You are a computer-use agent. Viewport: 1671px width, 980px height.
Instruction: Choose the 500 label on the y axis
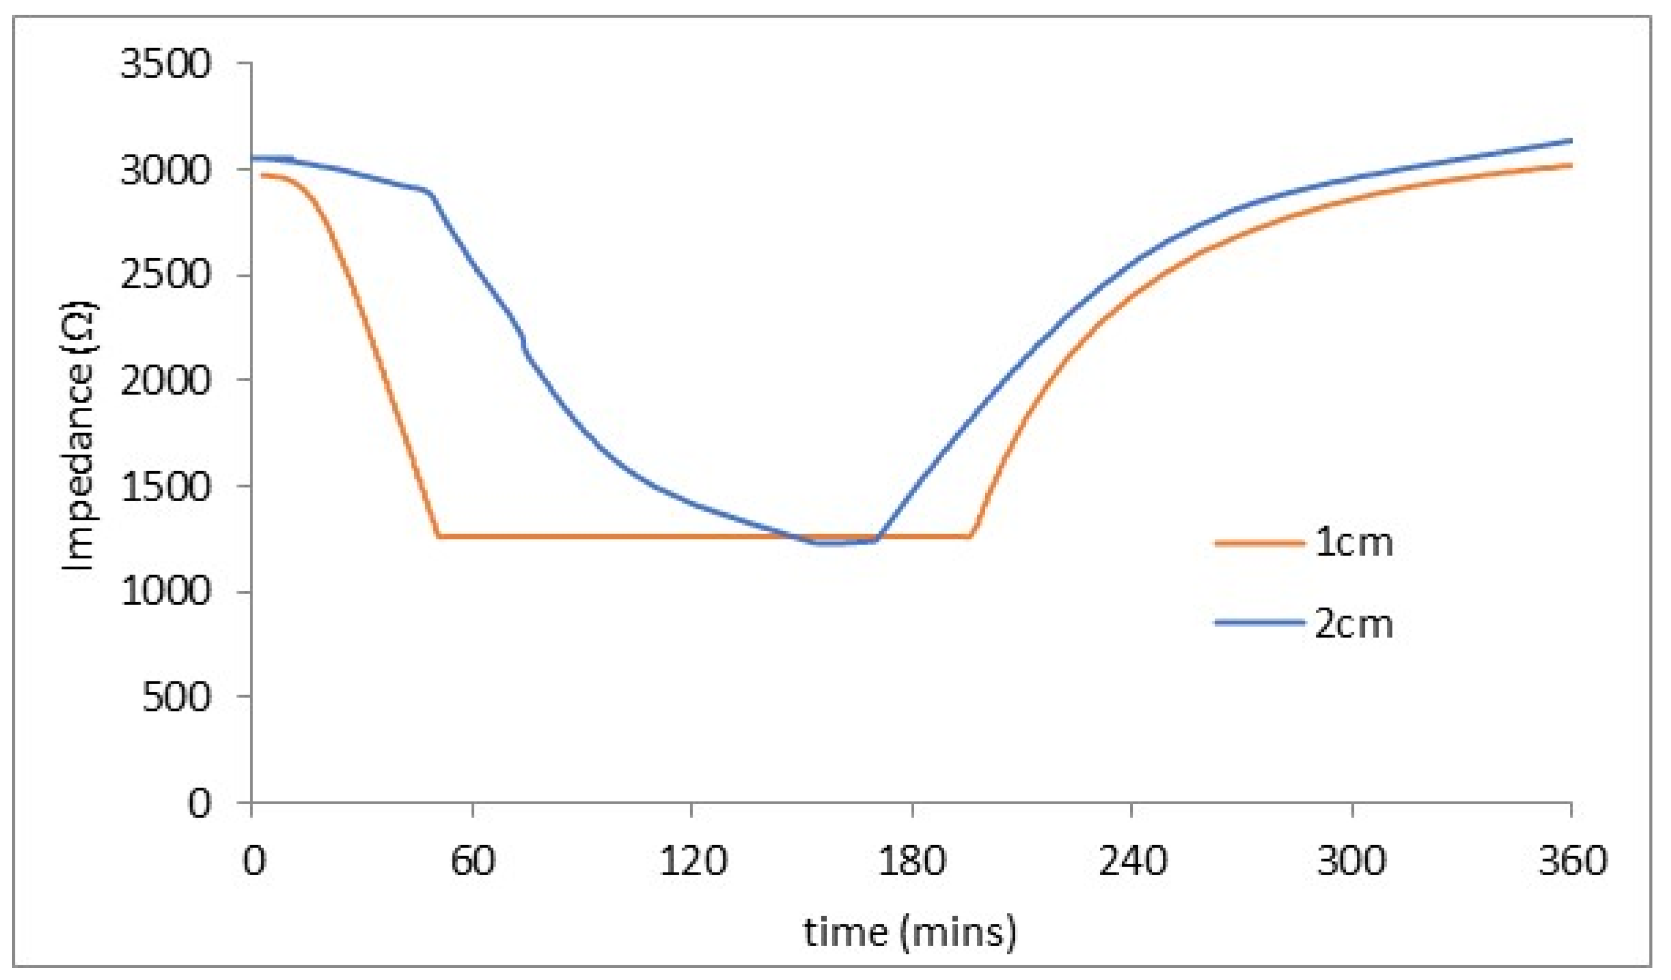tap(176, 697)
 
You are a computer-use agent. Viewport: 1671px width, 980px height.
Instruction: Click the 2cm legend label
tap(1354, 624)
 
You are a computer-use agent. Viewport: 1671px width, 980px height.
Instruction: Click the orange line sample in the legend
tap(1258, 543)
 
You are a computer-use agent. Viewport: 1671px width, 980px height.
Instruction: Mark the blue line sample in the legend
tap(1258, 623)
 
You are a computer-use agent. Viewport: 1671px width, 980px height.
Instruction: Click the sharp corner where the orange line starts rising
tap(971, 536)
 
